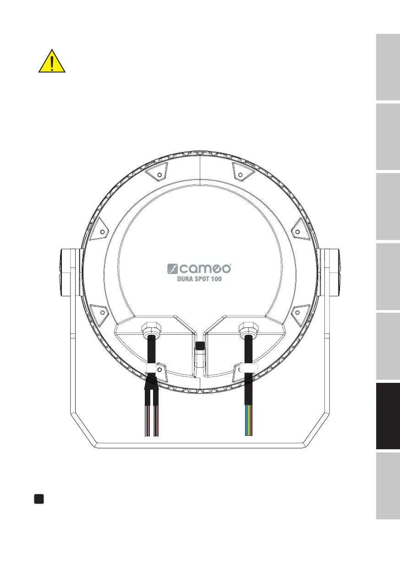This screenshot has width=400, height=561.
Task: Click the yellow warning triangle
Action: (52, 61)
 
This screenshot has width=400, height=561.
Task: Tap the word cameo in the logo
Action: (205, 268)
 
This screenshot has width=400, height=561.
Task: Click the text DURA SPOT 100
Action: (199, 279)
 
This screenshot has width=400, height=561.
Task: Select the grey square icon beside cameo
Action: (172, 269)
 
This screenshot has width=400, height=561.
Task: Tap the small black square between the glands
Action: (200, 346)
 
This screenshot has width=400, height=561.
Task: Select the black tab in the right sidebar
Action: (388, 416)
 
